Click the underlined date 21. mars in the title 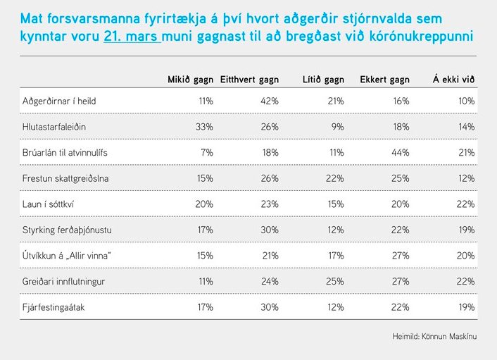coord(132,36)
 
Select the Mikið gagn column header coord(189,79)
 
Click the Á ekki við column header coord(453,79)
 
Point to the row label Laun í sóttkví coord(49,204)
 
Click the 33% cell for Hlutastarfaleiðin coord(205,128)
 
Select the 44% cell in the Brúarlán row coord(401,153)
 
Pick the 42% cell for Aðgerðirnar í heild coord(270,101)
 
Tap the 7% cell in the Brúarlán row coord(207,153)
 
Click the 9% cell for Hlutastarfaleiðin coord(337,128)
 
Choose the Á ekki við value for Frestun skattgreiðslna coord(467,178)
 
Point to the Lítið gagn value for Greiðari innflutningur coord(335,280)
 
